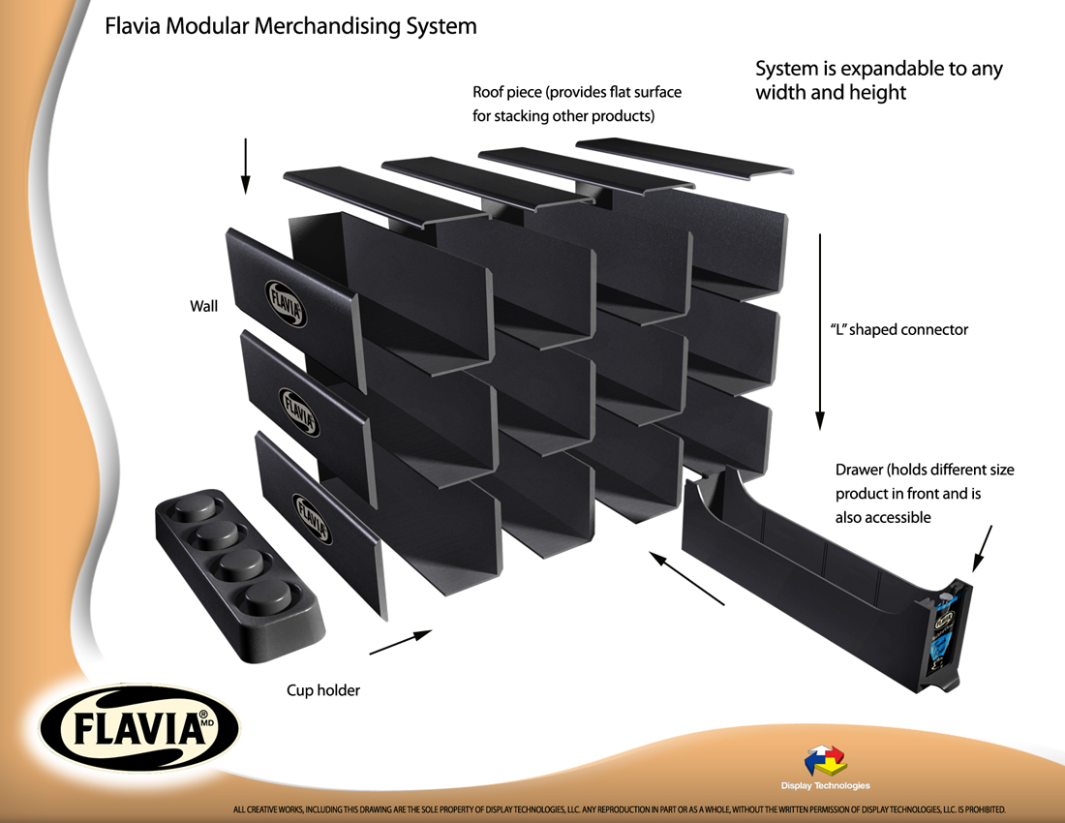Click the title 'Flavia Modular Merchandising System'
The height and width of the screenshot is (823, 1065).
290,26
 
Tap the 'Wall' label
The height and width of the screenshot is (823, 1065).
203,307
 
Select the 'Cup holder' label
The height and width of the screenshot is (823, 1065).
323,690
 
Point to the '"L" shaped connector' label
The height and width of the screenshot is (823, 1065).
899,329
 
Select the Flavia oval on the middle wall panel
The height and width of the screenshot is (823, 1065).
297,411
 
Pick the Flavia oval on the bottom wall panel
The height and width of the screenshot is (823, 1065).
312,519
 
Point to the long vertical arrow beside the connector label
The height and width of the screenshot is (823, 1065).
820,330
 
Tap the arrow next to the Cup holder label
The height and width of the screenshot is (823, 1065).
400,642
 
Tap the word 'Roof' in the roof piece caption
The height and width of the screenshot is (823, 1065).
491,93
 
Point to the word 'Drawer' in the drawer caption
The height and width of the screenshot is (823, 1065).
858,470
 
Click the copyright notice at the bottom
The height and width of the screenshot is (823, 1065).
620,808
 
